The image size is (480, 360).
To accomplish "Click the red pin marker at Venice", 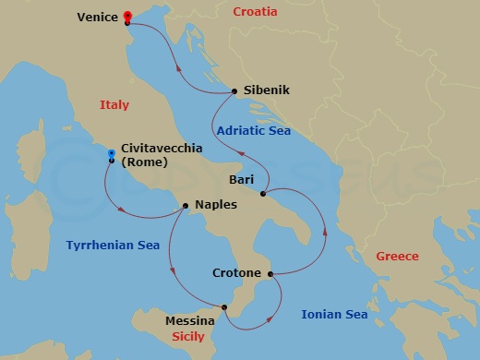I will tap(127, 16).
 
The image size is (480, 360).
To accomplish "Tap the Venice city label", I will tap(98, 17).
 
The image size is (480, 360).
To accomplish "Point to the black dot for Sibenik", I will tap(235, 90).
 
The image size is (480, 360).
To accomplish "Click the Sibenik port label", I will tap(267, 90).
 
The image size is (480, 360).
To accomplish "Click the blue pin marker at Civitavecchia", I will tap(112, 154).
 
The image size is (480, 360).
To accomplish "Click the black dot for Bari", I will tap(264, 194).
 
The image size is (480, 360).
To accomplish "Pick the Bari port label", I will tap(243, 181).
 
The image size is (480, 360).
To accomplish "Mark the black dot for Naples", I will tap(186, 205).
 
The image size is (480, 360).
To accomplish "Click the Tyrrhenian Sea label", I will tap(113, 246).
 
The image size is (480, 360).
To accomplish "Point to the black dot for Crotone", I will tap(270, 274).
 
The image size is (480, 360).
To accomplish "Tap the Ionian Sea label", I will tap(334, 315).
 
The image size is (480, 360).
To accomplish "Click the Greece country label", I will tap(398, 256).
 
